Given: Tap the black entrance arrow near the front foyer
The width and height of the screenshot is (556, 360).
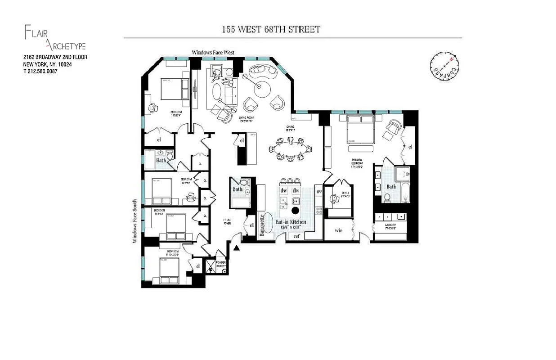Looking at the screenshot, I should click(237, 246).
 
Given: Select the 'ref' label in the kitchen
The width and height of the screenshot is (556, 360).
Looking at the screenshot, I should click(296, 236).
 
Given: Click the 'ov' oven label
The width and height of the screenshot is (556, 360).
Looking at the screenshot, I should click(319, 192).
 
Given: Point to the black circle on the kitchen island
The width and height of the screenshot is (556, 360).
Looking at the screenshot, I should click(296, 210).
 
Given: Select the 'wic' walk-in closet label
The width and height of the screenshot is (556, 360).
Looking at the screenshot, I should click(339, 230).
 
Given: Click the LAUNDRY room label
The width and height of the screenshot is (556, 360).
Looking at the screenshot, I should click(390, 226).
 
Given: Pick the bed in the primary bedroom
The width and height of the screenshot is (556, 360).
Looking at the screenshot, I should click(360, 130).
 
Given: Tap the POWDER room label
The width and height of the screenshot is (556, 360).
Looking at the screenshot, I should click(220, 264).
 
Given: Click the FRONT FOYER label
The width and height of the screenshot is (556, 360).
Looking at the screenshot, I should click(227, 222).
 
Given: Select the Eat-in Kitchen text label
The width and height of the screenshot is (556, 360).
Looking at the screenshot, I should click(291, 222).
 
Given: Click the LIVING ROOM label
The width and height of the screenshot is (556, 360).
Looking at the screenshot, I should click(247, 120).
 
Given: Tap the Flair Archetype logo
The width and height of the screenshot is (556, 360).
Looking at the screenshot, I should click(54, 38).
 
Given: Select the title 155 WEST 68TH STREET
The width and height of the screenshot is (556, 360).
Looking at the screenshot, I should click(271, 30).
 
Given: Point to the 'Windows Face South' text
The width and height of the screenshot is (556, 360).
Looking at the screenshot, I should click(135, 222).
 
